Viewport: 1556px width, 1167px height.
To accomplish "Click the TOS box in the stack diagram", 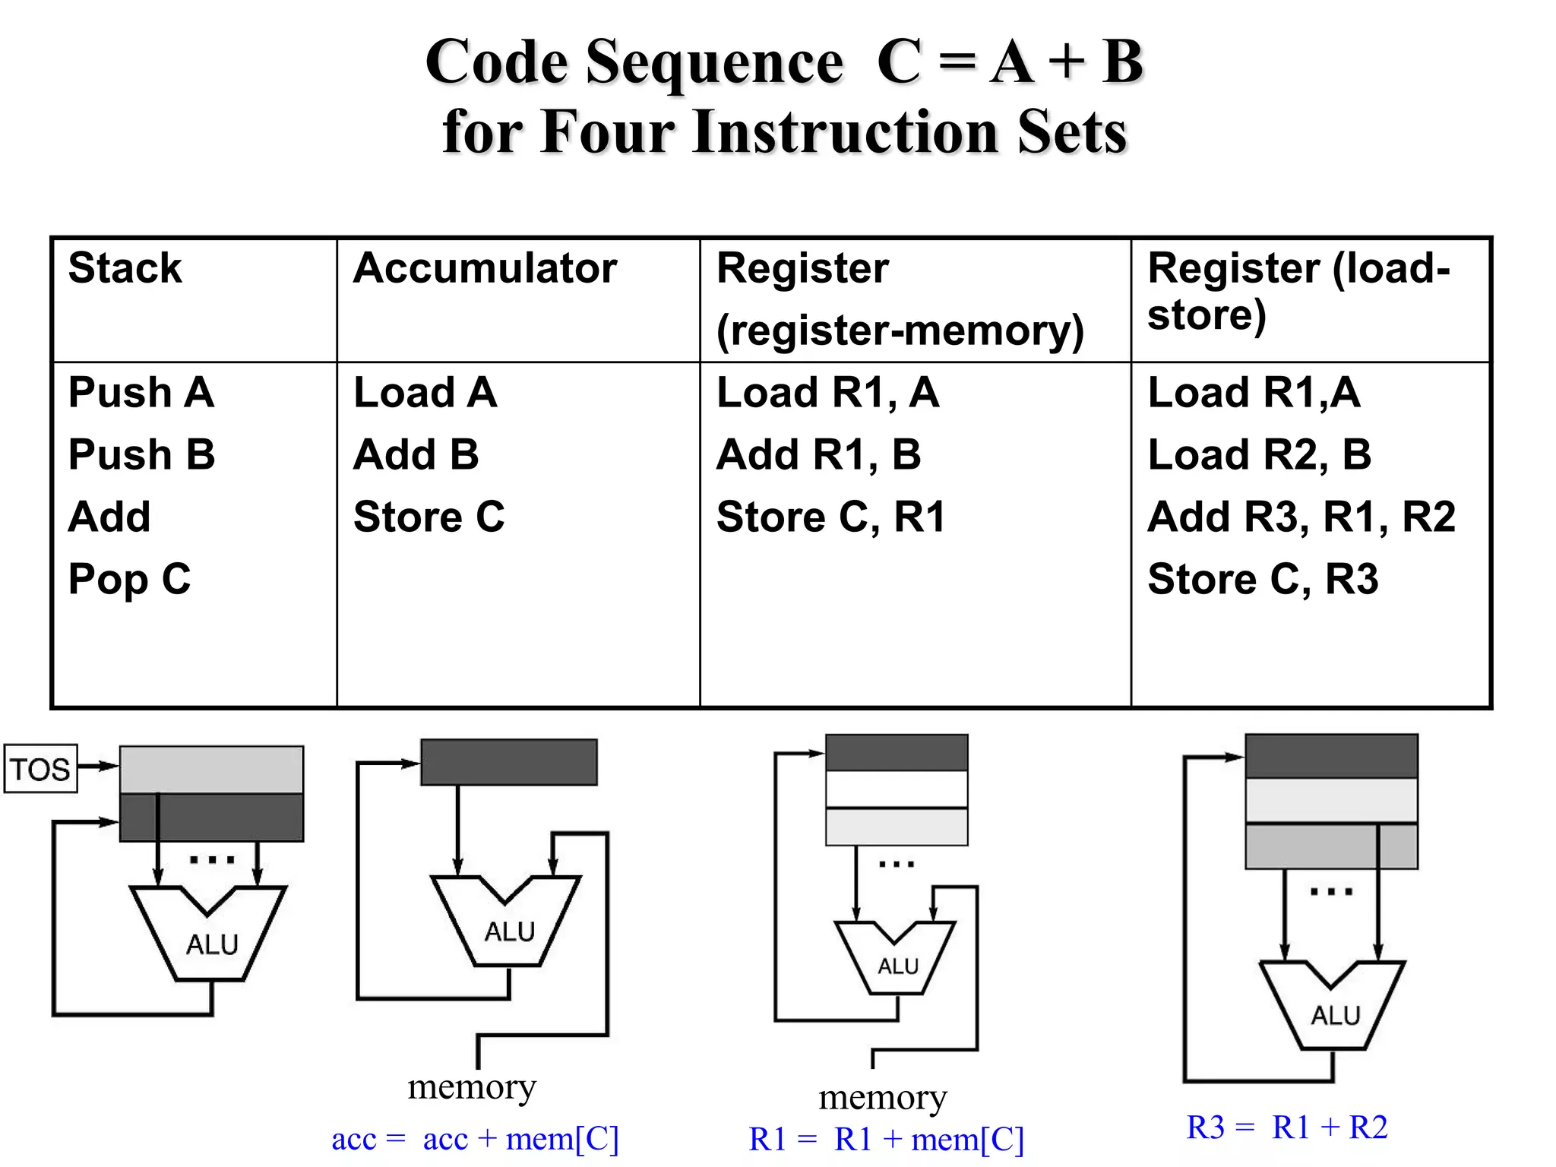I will [40, 769].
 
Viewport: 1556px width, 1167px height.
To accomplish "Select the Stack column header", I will [125, 268].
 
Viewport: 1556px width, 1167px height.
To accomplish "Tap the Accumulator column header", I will [485, 268].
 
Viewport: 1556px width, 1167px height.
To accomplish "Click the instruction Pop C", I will [129, 579].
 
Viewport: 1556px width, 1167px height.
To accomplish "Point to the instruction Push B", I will [141, 454].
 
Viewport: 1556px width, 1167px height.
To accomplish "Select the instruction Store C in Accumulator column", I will [429, 517].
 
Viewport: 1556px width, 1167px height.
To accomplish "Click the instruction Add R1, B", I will [818, 454].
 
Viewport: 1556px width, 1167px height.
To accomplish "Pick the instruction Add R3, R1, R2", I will [1301, 517].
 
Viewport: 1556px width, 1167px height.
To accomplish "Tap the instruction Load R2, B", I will [1259, 454].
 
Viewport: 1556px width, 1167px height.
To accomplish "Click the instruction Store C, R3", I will [1262, 579].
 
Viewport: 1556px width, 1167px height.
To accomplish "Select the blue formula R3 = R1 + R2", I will [1286, 1127].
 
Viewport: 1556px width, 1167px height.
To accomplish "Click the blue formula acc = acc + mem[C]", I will [475, 1139].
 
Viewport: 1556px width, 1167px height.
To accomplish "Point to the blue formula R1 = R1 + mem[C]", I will [886, 1139].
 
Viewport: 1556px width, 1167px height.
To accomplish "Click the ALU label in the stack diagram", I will [212, 944].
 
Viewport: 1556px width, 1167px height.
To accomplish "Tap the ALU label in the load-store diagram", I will [1335, 1015].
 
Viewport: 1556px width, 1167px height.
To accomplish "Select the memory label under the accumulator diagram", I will [472, 1086].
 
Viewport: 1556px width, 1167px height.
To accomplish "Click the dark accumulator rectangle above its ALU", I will [508, 762].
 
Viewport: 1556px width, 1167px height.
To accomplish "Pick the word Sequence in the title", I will [714, 62].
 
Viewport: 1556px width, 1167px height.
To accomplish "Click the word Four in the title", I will [607, 132].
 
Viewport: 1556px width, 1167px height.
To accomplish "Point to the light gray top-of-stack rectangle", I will [211, 769].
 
